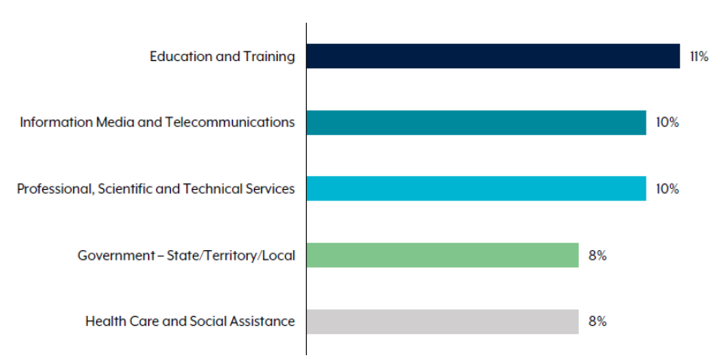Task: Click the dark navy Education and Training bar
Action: click(x=493, y=56)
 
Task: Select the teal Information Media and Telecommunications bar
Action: click(x=476, y=122)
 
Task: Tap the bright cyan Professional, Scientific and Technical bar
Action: click(x=476, y=188)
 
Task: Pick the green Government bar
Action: click(x=442, y=255)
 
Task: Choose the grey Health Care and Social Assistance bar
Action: click(x=442, y=321)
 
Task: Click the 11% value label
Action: click(x=699, y=56)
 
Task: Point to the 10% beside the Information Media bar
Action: click(x=667, y=122)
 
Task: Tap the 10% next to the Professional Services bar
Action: click(x=667, y=188)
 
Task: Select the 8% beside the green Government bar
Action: click(x=598, y=255)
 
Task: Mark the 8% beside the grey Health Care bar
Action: click(x=598, y=321)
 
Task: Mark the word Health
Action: click(x=103, y=321)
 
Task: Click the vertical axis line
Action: click(x=307, y=204)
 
